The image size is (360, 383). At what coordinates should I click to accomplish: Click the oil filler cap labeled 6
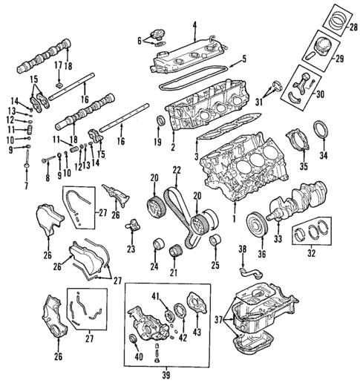click(x=157, y=35)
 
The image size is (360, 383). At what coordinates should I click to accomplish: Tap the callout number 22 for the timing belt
click(x=177, y=171)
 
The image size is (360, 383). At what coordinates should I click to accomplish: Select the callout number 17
click(x=56, y=66)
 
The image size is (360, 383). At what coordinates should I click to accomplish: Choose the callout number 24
click(x=154, y=266)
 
